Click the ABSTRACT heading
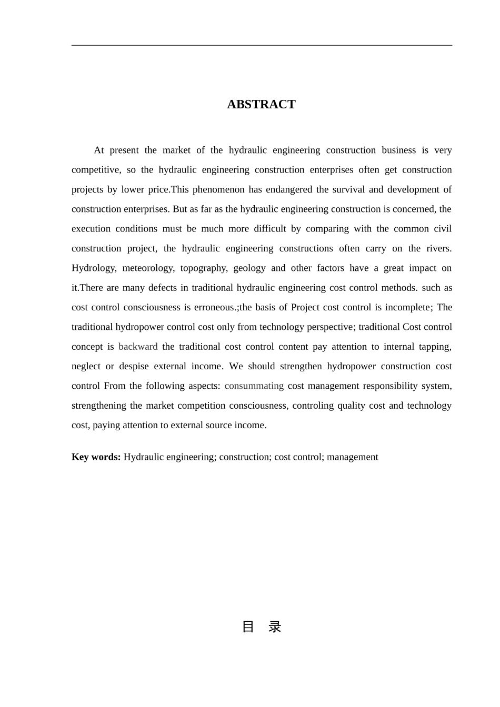click(261, 104)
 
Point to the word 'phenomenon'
click(216, 189)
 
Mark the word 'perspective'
click(328, 327)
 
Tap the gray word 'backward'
click(138, 347)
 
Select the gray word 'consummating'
click(254, 386)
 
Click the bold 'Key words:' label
click(96, 457)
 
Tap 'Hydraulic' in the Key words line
click(143, 457)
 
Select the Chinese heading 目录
click(261, 627)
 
